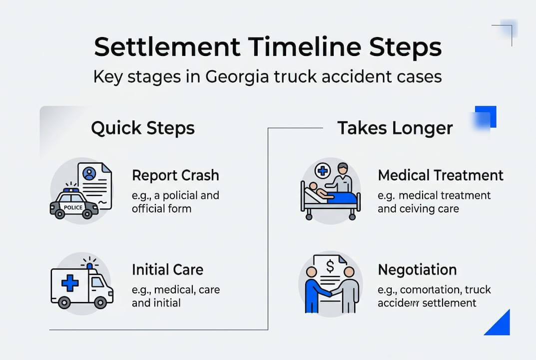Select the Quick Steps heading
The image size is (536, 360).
[x=143, y=128]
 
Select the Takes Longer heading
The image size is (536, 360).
[x=395, y=128]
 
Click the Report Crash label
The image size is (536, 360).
[x=175, y=175]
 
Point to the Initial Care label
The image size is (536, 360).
[x=167, y=270]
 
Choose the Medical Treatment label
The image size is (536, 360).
[x=441, y=175]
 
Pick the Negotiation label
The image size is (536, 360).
[x=417, y=270]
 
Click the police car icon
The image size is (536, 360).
[x=74, y=204]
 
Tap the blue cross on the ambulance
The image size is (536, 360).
[x=70, y=283]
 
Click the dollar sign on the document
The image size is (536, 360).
[x=330, y=267]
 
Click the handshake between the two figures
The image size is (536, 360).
[x=330, y=294]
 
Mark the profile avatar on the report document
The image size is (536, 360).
[x=89, y=173]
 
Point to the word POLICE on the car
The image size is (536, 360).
[x=73, y=207]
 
